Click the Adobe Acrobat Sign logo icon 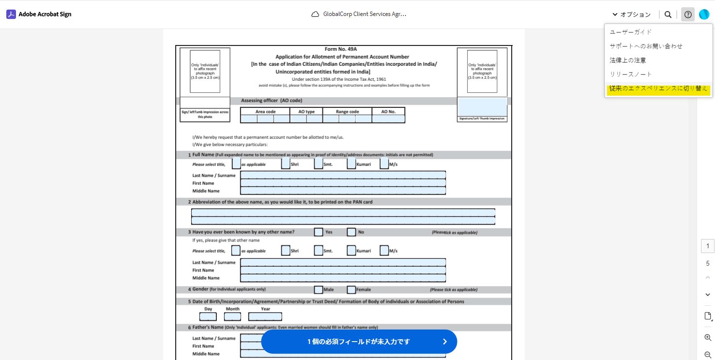point(11,15)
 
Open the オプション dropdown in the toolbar point(631,15)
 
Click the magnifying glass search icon point(668,15)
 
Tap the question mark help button point(688,15)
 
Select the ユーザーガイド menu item point(630,32)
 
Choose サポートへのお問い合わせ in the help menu point(646,46)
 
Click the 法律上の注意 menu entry point(627,60)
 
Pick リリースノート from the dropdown point(630,74)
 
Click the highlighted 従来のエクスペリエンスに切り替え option point(658,89)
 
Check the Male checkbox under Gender point(318,290)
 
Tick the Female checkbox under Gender point(351,290)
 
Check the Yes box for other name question point(318,232)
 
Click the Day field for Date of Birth point(208,316)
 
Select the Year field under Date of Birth point(265,316)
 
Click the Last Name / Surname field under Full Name point(343,175)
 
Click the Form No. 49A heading point(341,49)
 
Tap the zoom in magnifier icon point(708,337)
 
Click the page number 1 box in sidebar point(708,246)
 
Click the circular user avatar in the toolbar point(704,15)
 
